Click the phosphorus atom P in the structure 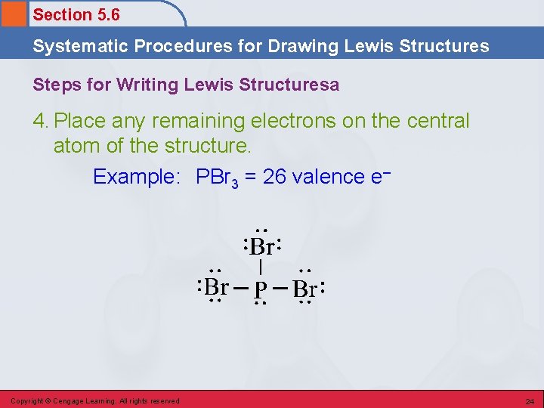click(260, 289)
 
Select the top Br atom click(261, 247)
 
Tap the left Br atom click(217, 287)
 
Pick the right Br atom click(305, 289)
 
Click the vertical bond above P click(261, 267)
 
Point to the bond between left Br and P click(240, 289)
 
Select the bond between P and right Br click(280, 289)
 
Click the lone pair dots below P click(260, 303)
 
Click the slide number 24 click(530, 401)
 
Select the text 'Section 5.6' click(76, 14)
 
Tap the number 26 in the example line click(274, 177)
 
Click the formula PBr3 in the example click(219, 178)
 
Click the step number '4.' click(41, 121)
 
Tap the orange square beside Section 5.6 click(14, 14)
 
